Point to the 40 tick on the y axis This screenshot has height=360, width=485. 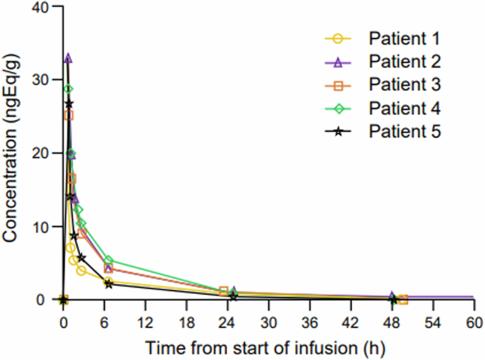(x=42, y=7)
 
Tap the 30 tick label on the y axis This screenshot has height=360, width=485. (x=42, y=80)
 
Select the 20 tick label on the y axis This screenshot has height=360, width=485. (x=42, y=153)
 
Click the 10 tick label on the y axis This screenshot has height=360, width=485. (x=42, y=227)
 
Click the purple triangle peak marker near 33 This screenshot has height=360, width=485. (x=68, y=58)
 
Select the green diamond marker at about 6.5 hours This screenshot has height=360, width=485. (x=108, y=261)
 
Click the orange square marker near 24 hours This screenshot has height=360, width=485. (x=224, y=291)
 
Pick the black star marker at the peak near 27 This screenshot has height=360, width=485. (x=69, y=104)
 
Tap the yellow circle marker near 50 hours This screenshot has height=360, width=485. (x=404, y=300)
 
